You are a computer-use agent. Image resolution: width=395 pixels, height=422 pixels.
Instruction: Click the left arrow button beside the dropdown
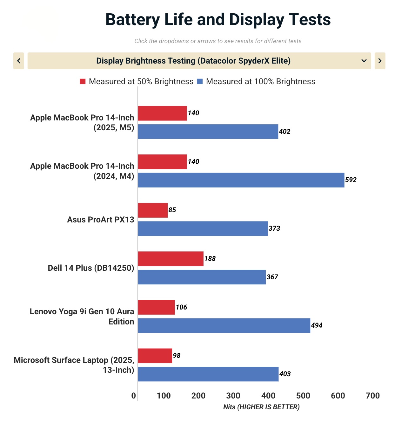[19, 61]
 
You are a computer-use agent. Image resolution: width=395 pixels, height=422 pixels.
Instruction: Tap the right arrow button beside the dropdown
[380, 61]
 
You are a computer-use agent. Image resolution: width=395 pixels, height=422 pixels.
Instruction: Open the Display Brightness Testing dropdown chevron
[364, 61]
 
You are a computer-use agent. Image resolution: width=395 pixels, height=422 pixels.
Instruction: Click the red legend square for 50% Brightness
[83, 81]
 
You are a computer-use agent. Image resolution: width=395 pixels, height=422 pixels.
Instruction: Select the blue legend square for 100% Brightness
[200, 81]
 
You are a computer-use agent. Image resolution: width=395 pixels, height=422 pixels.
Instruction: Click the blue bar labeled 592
[241, 180]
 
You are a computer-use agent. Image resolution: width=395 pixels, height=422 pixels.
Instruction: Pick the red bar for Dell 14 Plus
[171, 259]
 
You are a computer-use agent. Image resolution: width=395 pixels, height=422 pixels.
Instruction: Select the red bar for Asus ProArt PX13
[153, 210]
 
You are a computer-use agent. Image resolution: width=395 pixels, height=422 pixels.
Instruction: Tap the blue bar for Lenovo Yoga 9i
[224, 325]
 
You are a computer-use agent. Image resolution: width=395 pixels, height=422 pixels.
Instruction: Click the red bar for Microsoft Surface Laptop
[155, 356]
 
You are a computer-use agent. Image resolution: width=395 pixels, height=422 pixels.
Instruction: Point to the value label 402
[285, 132]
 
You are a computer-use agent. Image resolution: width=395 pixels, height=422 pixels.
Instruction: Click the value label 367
[272, 277]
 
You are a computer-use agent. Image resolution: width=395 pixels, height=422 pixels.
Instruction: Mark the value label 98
[177, 356]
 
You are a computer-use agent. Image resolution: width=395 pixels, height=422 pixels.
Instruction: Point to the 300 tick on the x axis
[233, 396]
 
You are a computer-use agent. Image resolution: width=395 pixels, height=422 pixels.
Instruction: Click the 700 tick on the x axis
[372, 396]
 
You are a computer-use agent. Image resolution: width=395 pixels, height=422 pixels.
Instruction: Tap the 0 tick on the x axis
[134, 396]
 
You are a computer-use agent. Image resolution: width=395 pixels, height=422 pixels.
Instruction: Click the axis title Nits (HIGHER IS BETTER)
[261, 407]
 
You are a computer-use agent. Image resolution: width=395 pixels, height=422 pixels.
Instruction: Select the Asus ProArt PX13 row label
[100, 220]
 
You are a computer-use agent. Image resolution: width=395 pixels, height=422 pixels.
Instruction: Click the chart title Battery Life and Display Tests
[218, 20]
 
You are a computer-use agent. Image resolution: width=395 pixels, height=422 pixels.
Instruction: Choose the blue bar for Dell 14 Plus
[202, 277]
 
